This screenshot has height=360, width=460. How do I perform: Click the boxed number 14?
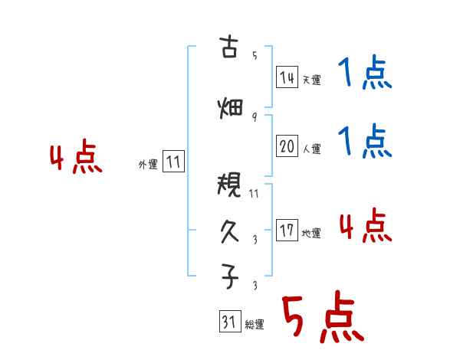[287, 77]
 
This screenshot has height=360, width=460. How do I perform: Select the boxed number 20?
[287, 146]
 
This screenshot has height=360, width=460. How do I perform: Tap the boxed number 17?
[287, 231]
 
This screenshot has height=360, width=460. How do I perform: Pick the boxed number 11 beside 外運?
[173, 162]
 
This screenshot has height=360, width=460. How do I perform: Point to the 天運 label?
[311, 80]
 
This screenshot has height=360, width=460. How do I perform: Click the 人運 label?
[311, 149]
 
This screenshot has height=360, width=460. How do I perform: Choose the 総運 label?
[254, 325]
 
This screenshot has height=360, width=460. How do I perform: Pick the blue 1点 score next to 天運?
[364, 75]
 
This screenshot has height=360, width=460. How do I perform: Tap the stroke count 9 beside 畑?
[254, 117]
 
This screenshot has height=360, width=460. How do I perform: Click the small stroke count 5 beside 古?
[254, 55]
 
